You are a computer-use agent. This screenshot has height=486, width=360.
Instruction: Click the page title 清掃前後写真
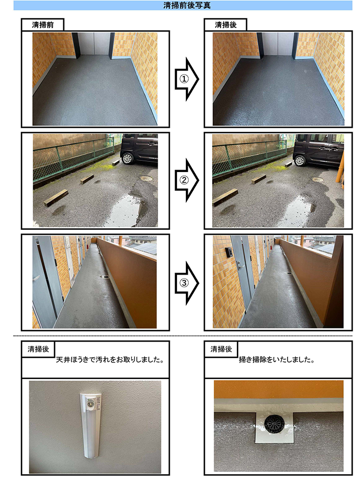(x=180, y=6)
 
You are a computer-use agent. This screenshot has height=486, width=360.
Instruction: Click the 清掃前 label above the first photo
(x=42, y=25)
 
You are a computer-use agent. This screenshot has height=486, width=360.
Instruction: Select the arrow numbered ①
(x=186, y=79)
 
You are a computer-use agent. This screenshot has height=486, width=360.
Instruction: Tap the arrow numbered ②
(x=186, y=180)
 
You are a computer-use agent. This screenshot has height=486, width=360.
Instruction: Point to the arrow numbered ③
(x=186, y=282)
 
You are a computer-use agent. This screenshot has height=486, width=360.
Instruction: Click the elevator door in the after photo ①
(x=278, y=45)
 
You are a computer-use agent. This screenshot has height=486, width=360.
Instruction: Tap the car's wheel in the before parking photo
(x=128, y=158)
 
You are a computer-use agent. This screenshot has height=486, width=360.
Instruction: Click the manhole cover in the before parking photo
(x=146, y=178)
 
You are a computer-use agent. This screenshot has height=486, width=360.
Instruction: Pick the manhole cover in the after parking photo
(x=318, y=179)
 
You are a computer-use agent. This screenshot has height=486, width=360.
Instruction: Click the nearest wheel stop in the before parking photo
(x=55, y=198)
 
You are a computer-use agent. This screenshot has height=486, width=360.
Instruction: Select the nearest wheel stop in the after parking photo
(x=225, y=196)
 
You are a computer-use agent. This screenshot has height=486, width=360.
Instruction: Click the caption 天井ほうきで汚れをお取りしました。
(x=109, y=361)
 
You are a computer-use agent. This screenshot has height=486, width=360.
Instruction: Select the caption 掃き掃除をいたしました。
(x=276, y=361)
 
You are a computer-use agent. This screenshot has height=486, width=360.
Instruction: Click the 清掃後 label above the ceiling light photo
(x=38, y=349)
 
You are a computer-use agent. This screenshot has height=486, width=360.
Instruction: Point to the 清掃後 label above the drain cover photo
(x=221, y=349)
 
